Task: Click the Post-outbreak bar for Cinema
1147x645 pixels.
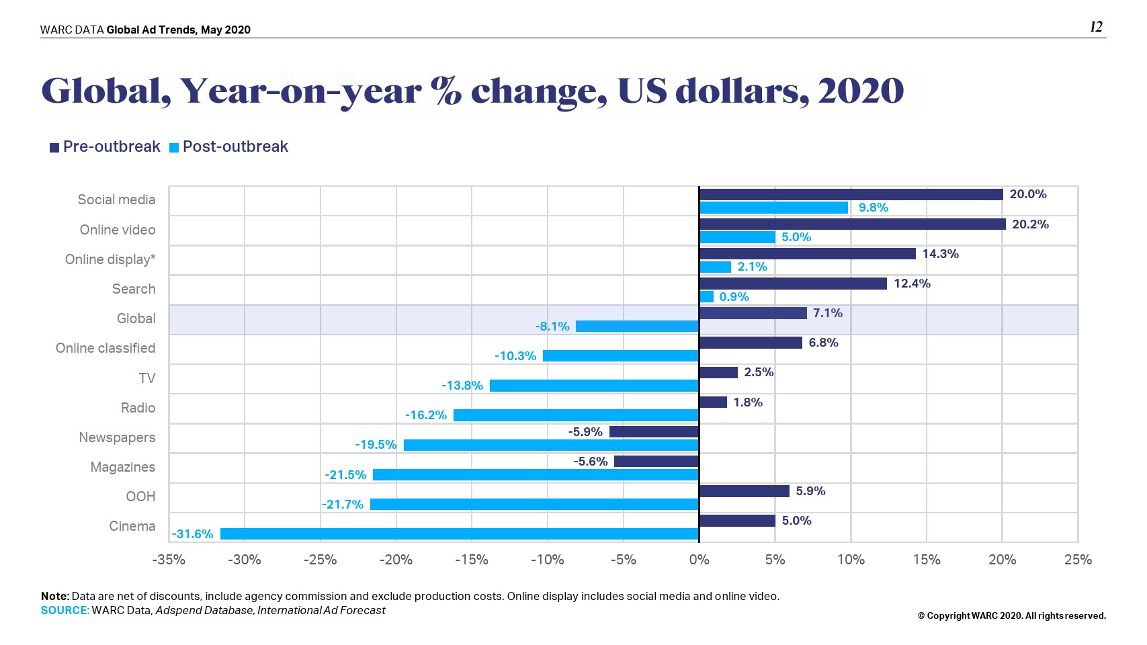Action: coord(460,534)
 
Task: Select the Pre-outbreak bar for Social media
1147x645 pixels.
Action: coord(851,194)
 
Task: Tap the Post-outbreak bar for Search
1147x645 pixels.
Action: coord(706,297)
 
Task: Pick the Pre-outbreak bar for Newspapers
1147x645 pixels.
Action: coord(654,432)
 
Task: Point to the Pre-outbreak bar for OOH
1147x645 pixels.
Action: coord(744,491)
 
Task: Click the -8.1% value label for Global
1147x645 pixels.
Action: coord(552,327)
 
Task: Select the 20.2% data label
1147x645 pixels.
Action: coord(1030,224)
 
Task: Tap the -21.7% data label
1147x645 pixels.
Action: coord(343,505)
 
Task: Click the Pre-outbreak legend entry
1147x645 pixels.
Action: coord(105,147)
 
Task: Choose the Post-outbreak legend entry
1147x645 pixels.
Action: coord(229,147)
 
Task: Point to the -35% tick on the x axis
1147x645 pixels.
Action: coord(169,560)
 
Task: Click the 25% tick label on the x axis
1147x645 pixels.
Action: coord(1078,560)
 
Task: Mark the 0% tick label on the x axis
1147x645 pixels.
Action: coord(699,560)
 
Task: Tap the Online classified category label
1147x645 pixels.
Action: coord(105,348)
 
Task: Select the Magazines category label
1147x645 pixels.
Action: coord(123,467)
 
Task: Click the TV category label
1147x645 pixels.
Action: coord(147,378)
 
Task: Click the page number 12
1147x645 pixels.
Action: coord(1096,27)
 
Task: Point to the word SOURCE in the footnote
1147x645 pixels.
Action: coord(65,610)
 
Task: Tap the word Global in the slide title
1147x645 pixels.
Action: coord(105,91)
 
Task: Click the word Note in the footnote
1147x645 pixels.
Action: coord(54,596)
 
